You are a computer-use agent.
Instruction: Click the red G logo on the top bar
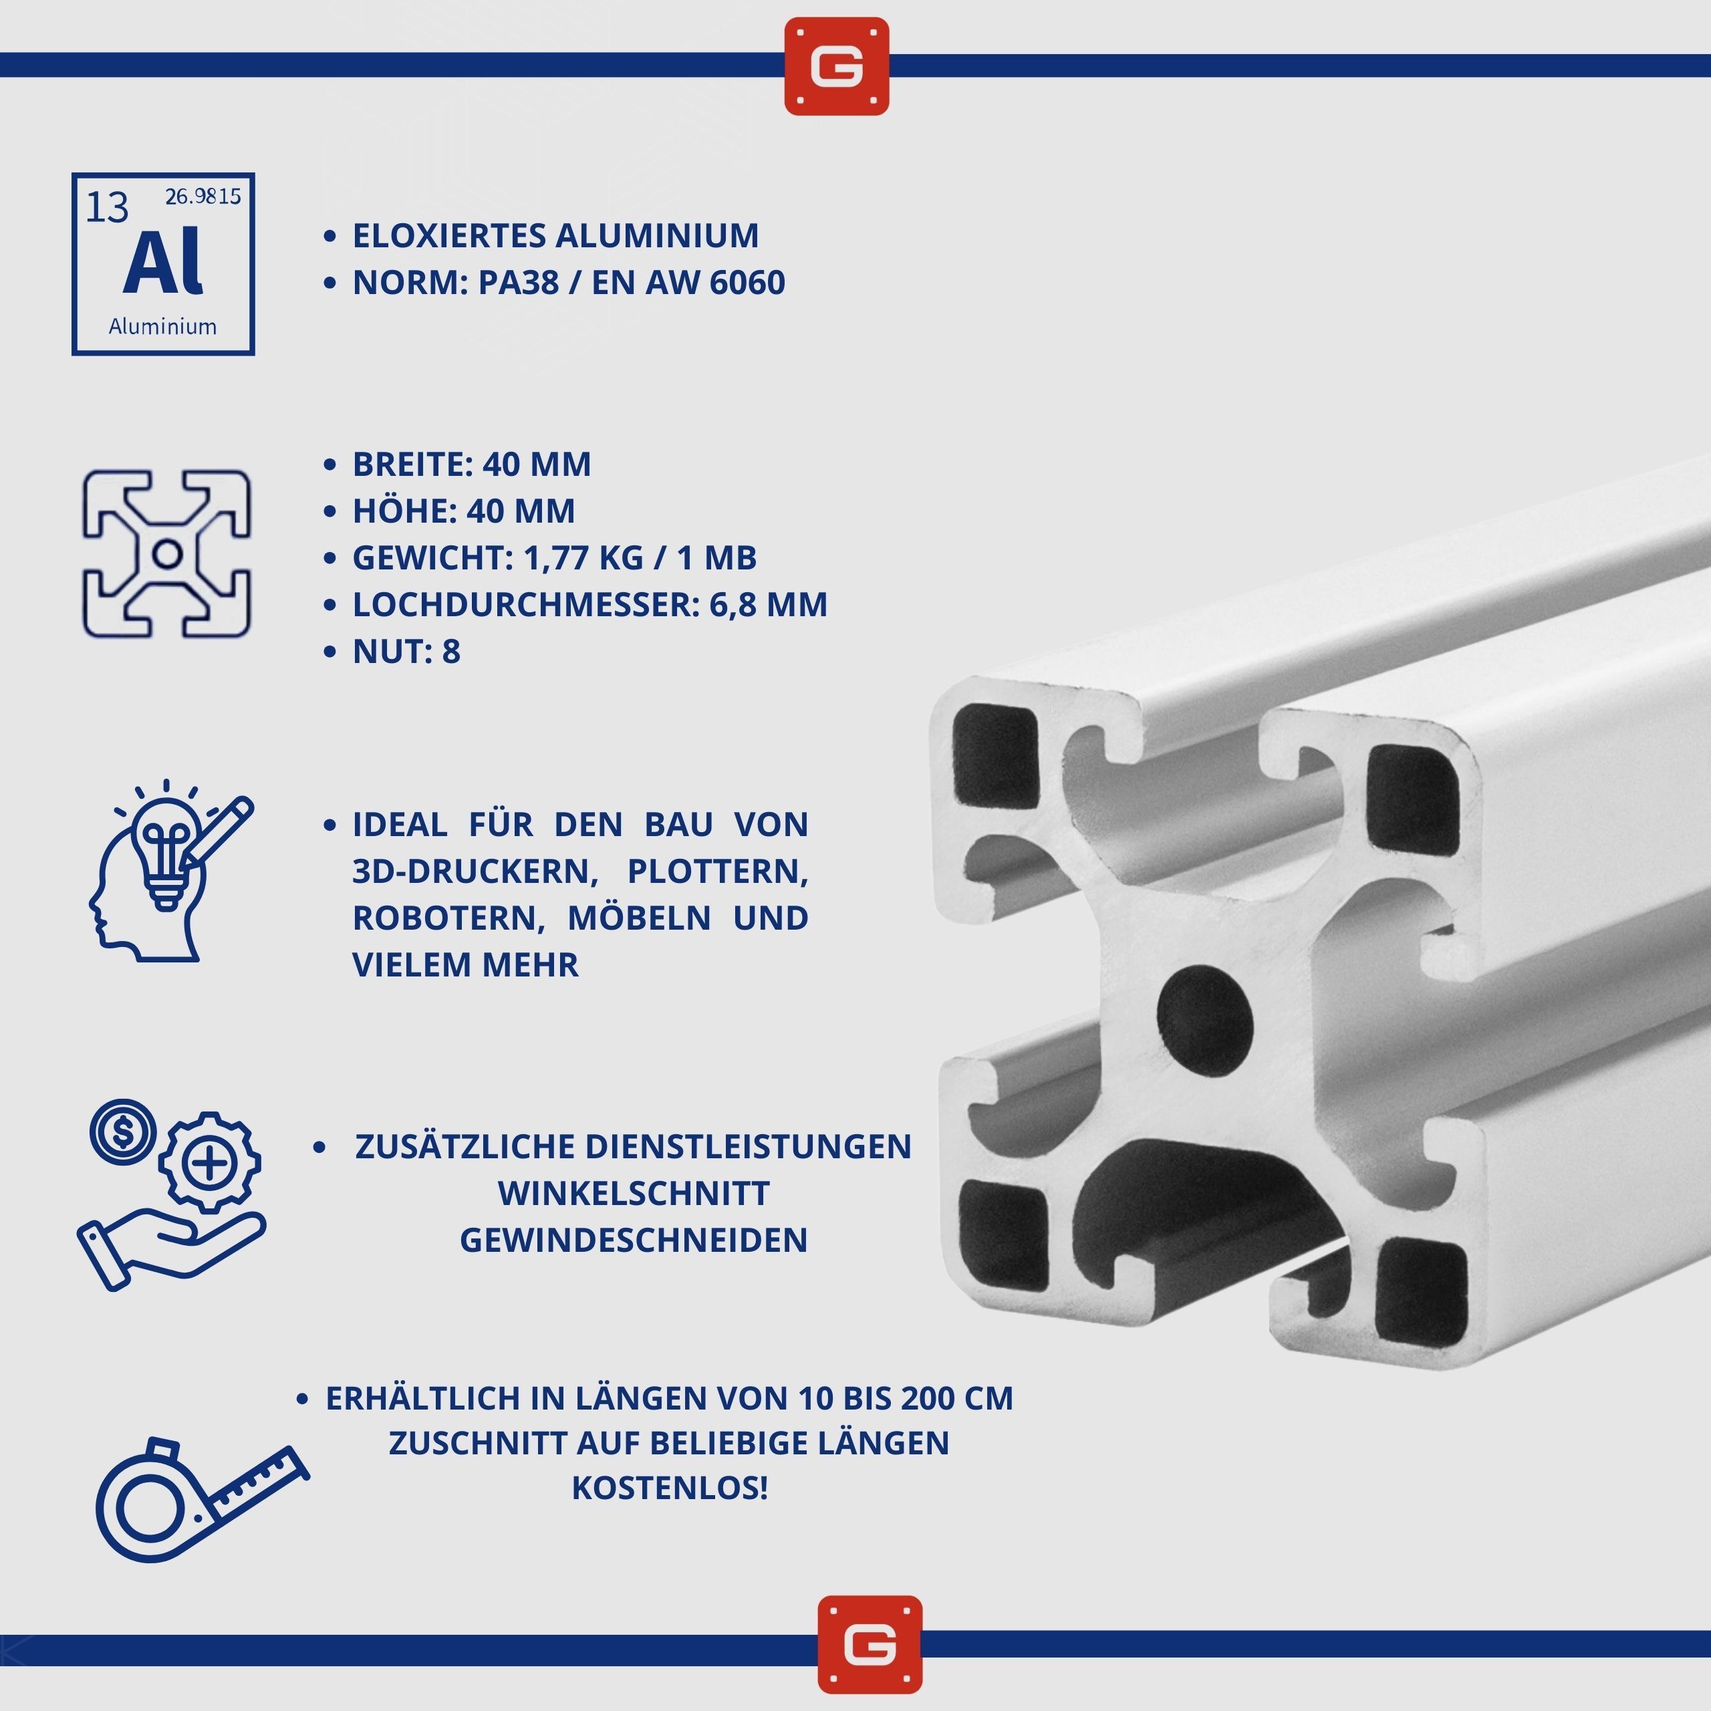click(x=836, y=66)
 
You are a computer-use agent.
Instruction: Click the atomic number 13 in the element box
click(x=107, y=207)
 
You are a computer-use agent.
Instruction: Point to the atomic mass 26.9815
click(x=203, y=196)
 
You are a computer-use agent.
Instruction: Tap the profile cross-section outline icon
click(x=166, y=554)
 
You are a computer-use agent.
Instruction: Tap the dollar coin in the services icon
click(x=123, y=1132)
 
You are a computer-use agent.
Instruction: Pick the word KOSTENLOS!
click(x=670, y=1488)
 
